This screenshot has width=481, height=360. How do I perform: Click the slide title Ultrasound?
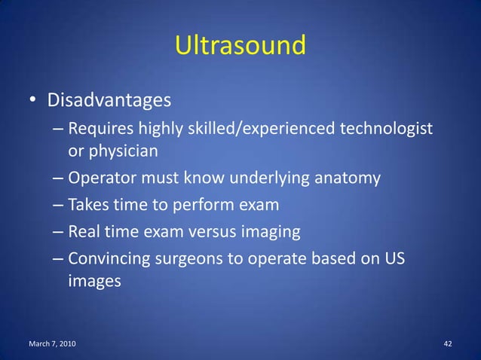[x=240, y=46]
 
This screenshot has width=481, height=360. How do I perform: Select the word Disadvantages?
[x=109, y=99]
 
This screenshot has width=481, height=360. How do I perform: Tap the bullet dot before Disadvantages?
[x=34, y=101]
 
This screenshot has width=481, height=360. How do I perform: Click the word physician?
[x=124, y=151]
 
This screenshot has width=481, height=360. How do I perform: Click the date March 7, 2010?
[x=51, y=344]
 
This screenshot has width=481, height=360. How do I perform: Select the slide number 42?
[x=448, y=344]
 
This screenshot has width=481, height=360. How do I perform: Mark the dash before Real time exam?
[x=59, y=231]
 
